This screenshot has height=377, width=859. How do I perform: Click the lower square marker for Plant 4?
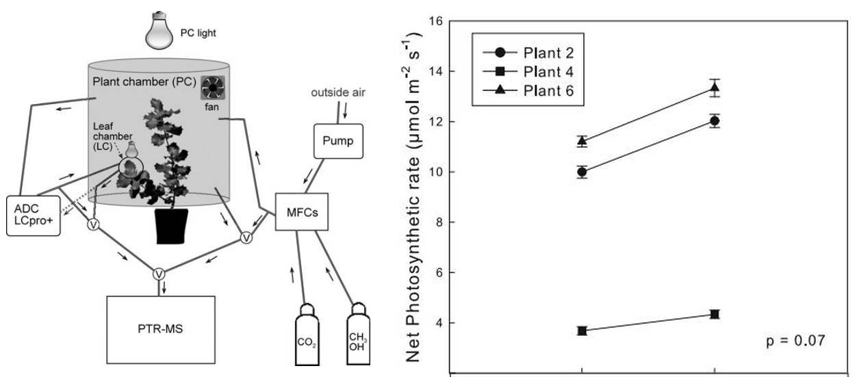click(582, 330)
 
